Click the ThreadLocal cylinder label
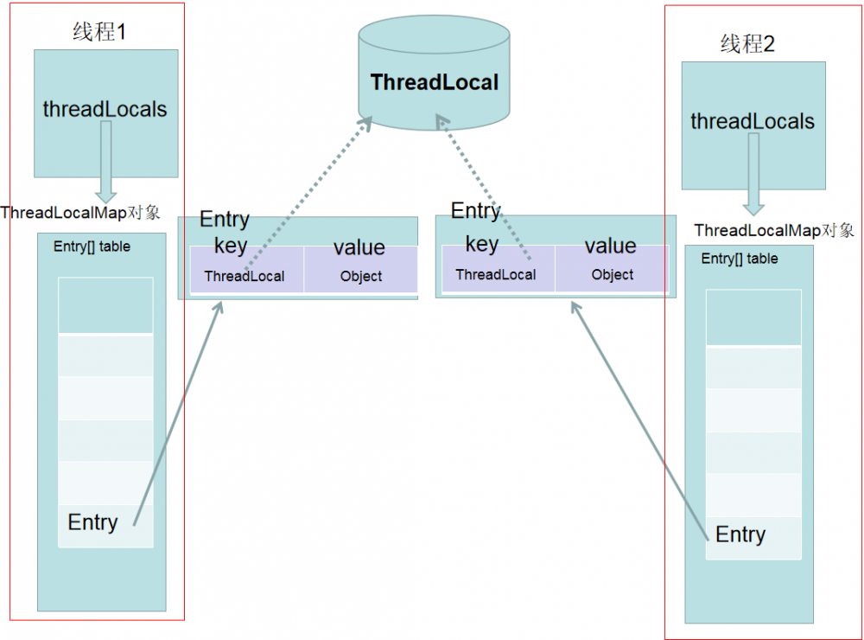pos(434,82)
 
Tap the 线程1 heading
pos(99,33)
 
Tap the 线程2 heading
pos(747,44)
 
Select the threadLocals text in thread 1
pos(105,110)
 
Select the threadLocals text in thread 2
pos(753,121)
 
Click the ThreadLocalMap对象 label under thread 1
pos(80,213)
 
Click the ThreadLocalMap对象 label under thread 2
pos(774,230)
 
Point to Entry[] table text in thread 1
pos(92,246)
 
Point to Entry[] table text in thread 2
pos(740,259)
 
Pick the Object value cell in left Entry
pos(361,277)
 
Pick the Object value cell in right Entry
pos(613,275)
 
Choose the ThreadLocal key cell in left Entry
pos(245,277)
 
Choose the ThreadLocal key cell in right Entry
pos(496,275)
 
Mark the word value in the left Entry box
pos(359,247)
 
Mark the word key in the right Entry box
pos(481,244)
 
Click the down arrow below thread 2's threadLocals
pos(754,174)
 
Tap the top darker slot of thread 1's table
pos(105,305)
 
